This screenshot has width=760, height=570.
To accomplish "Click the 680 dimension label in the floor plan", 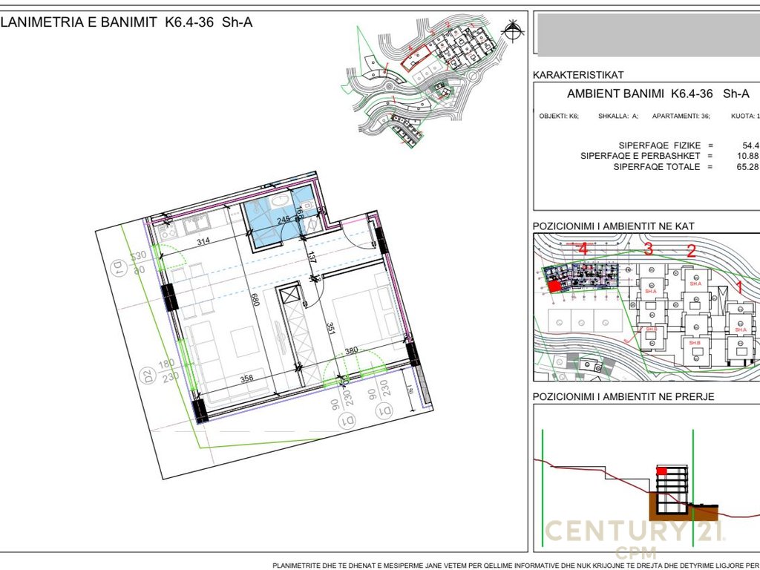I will click(x=255, y=299).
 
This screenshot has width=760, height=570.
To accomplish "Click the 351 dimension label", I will click(x=332, y=327).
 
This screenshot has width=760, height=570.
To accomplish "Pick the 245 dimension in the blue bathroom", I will click(x=283, y=220).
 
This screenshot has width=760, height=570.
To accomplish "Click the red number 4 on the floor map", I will click(x=583, y=249).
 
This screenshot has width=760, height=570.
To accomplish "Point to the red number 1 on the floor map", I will click(x=738, y=284).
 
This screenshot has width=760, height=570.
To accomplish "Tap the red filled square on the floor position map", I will click(x=554, y=285).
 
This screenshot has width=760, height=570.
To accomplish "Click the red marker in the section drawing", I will click(x=661, y=471).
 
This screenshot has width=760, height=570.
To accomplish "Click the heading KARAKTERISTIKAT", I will click(x=578, y=75).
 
